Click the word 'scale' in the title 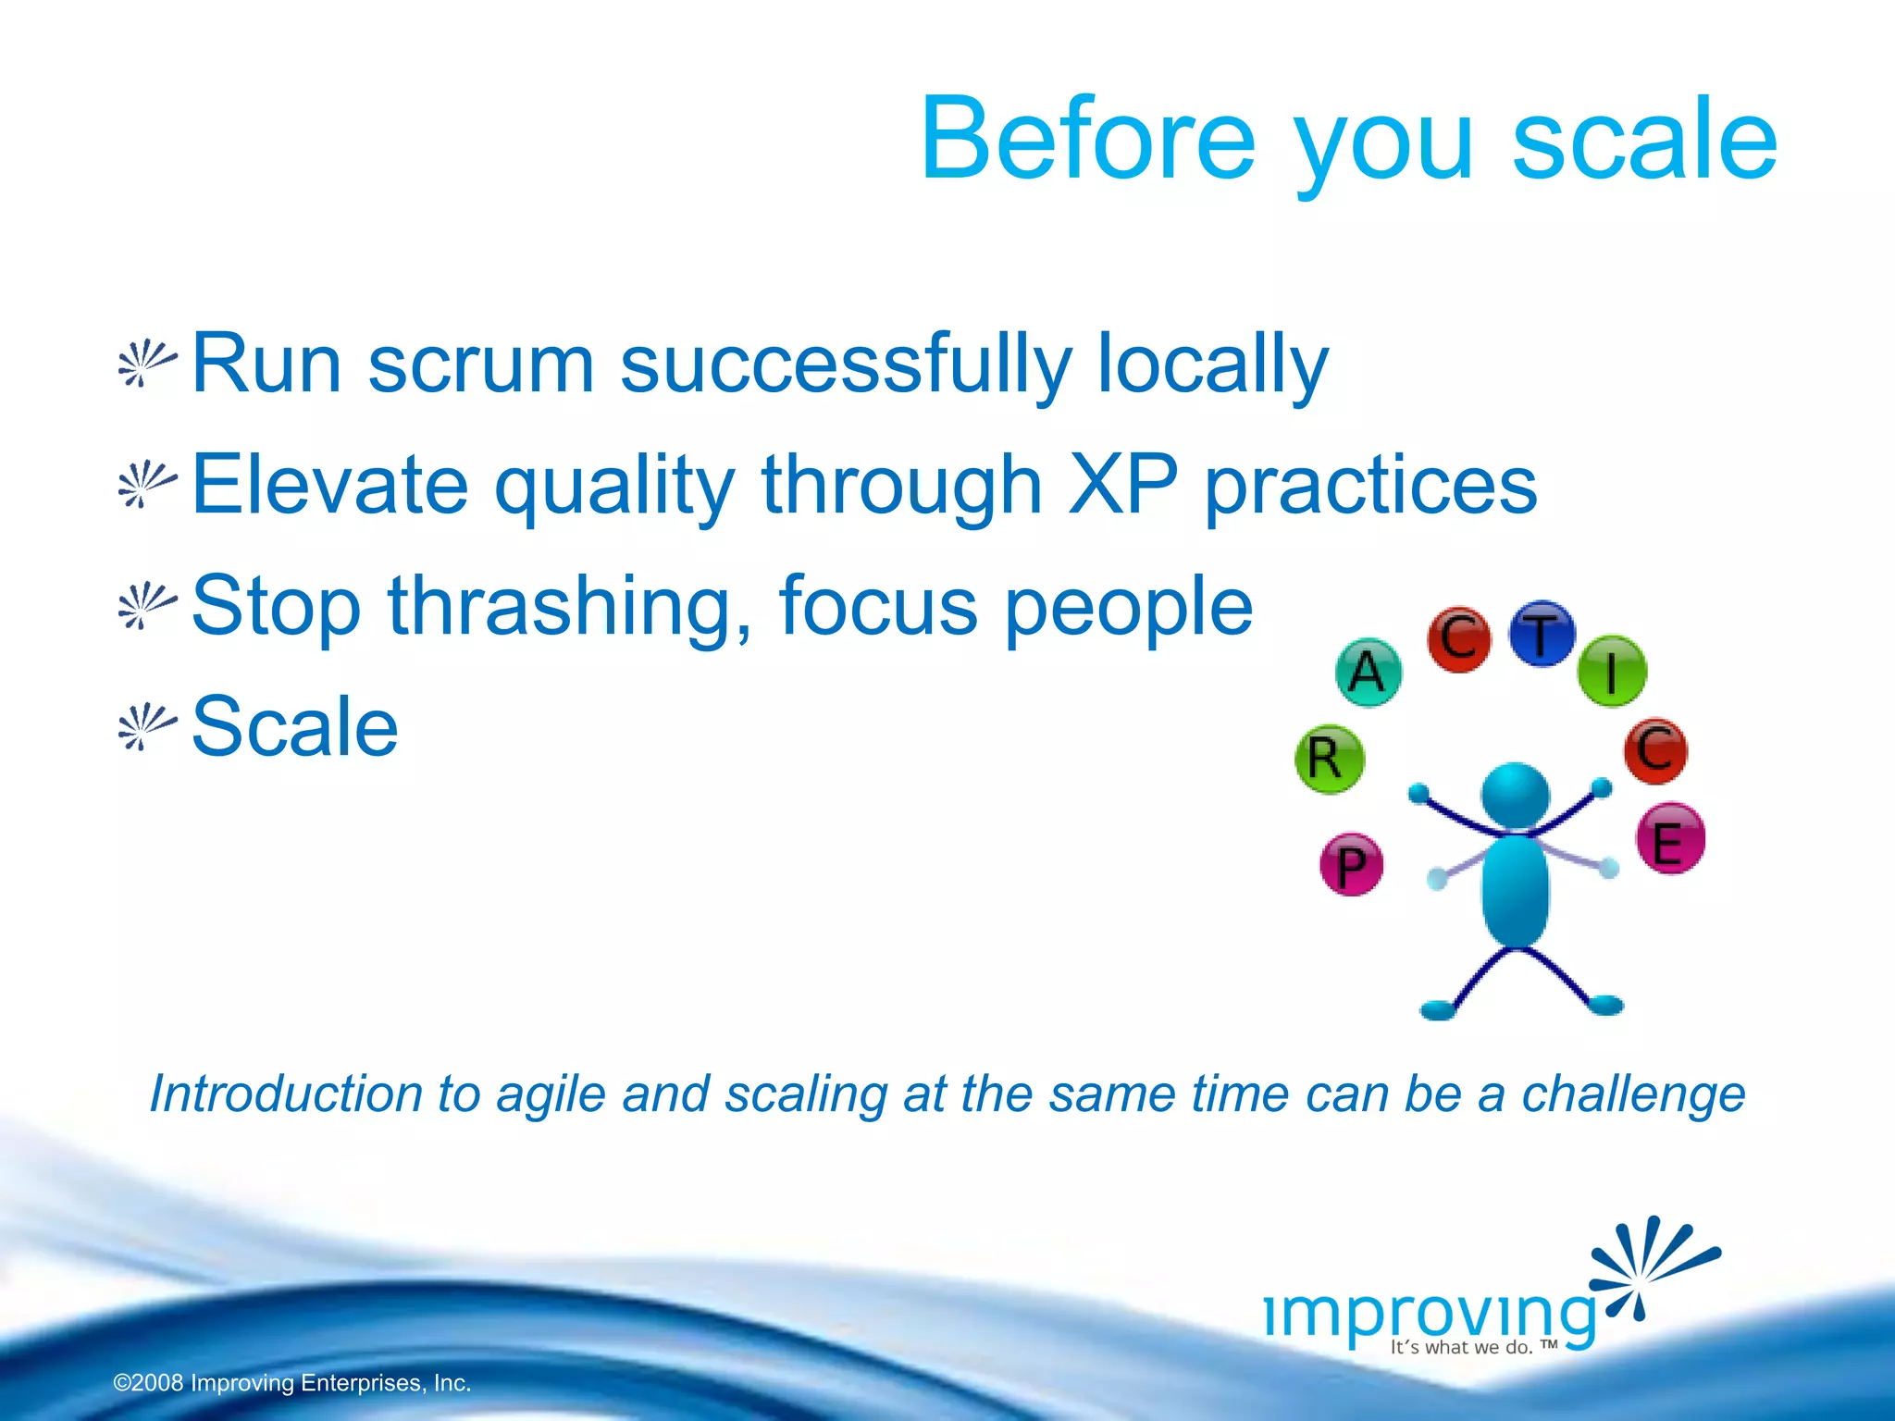point(1644,141)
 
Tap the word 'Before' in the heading point(1088,141)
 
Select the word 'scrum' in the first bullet point(481,365)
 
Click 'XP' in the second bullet point(1122,485)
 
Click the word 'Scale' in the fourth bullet point(294,727)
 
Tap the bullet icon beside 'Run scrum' point(145,364)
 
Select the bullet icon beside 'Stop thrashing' point(145,606)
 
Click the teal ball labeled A point(1368,672)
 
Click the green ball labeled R point(1329,759)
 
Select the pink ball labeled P point(1351,865)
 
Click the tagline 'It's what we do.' point(1462,1348)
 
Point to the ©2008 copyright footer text point(292,1383)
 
